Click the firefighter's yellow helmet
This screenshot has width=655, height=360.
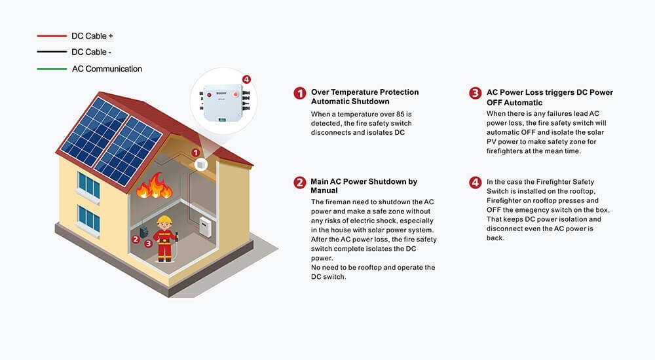point(164,220)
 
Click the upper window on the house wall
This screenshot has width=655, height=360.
point(88,185)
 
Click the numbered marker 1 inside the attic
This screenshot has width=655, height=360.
point(195,153)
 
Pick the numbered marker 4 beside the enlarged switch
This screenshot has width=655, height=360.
point(246,80)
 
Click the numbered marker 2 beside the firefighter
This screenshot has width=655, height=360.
point(136,239)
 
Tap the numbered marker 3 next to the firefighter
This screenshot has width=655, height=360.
point(149,243)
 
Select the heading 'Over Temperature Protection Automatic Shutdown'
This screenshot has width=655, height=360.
point(364,97)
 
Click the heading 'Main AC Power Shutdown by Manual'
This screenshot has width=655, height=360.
point(364,186)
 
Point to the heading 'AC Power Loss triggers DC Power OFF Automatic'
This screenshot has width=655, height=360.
point(550,97)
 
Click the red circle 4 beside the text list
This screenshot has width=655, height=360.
point(475,182)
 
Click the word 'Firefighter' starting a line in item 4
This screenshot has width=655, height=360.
point(507,200)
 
